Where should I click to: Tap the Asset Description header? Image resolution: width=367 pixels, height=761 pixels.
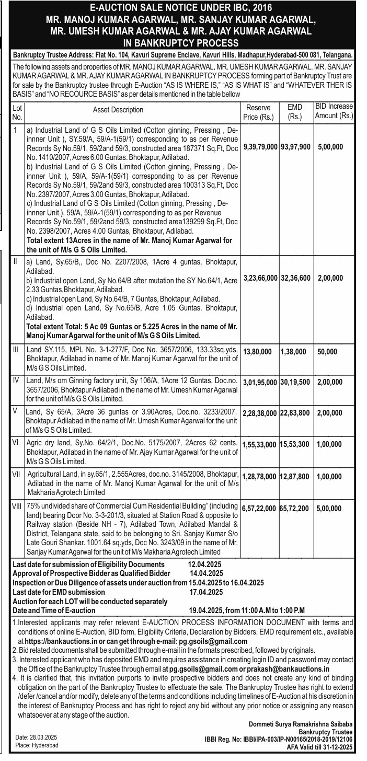tap(118, 110)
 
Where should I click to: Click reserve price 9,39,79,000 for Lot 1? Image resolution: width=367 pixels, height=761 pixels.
tap(260, 147)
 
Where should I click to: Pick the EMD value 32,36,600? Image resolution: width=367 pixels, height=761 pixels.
tap(295, 278)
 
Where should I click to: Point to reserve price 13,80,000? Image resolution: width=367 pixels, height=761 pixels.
tap(257, 352)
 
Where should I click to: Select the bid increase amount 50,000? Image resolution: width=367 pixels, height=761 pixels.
tap(327, 352)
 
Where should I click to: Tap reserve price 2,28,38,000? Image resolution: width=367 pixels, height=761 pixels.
tap(260, 413)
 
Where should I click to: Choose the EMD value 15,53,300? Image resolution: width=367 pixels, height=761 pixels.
tap(295, 444)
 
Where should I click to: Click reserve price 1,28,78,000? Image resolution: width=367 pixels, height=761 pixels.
tap(260, 477)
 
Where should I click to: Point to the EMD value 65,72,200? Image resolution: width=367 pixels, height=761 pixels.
tap(295, 507)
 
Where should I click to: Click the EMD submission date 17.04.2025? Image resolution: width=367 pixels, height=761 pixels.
tap(207, 592)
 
